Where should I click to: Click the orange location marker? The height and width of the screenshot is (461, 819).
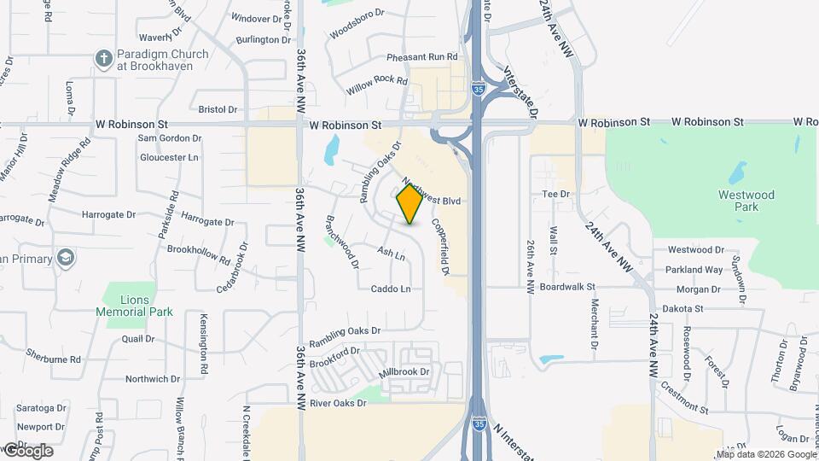click(410, 203)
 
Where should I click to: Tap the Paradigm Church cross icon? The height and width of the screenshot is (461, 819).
click(104, 58)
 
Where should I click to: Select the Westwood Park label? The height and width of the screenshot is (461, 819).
click(746, 201)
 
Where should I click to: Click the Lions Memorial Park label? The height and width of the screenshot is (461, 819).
click(135, 306)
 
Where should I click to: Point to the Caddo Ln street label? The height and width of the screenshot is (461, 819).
click(391, 289)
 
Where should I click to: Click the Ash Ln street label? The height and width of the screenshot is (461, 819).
click(390, 254)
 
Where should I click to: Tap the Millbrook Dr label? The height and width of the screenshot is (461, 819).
click(404, 372)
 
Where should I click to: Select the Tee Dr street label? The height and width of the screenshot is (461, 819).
click(555, 195)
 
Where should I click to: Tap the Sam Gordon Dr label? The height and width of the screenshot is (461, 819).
click(170, 138)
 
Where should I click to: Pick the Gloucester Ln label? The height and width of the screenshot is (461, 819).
click(169, 158)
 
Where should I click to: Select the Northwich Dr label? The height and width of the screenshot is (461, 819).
click(148, 379)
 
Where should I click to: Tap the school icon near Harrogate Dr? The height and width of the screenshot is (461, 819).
click(66, 258)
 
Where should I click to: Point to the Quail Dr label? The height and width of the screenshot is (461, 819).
click(137, 339)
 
